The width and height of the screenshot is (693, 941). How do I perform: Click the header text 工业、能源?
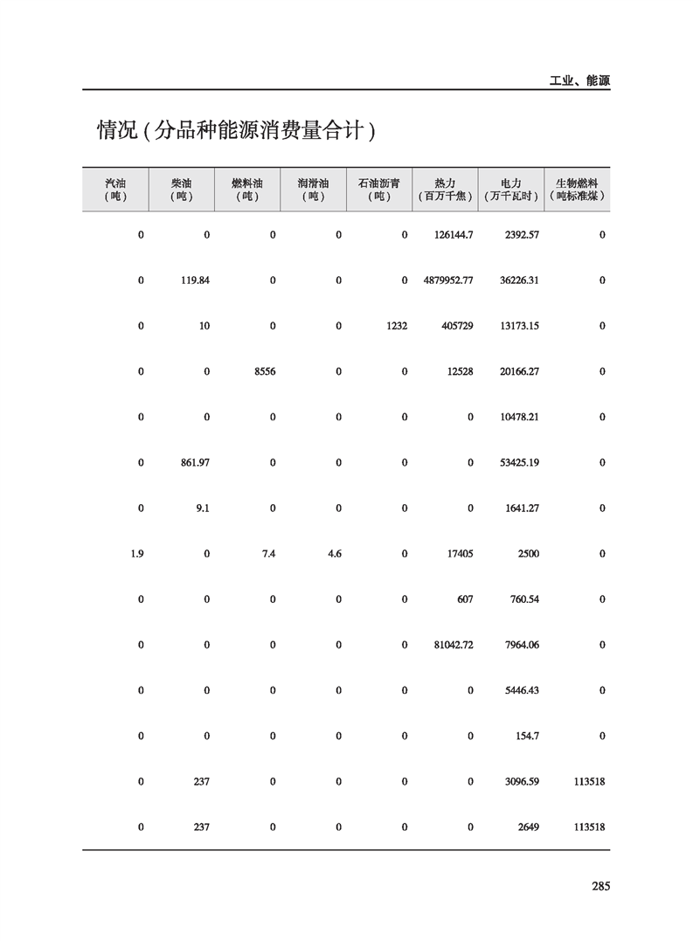tap(579, 80)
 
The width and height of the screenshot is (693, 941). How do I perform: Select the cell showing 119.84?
tap(195, 280)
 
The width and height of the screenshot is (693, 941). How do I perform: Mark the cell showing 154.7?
tap(527, 736)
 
